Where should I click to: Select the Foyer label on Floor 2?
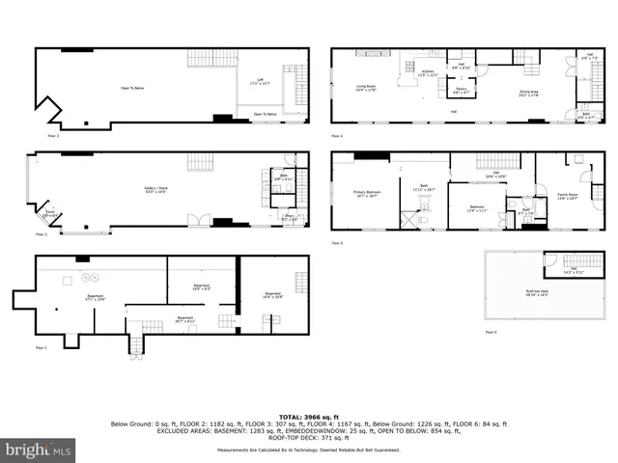point(50,215)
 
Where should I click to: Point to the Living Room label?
point(366,88)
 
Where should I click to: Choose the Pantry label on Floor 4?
point(447,93)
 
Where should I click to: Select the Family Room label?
point(565,197)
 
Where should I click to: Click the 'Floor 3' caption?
point(54,136)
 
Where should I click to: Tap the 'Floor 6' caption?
point(492,332)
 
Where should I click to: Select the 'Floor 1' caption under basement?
point(41,347)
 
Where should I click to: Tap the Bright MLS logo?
point(39,449)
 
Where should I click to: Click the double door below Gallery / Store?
point(198,221)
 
